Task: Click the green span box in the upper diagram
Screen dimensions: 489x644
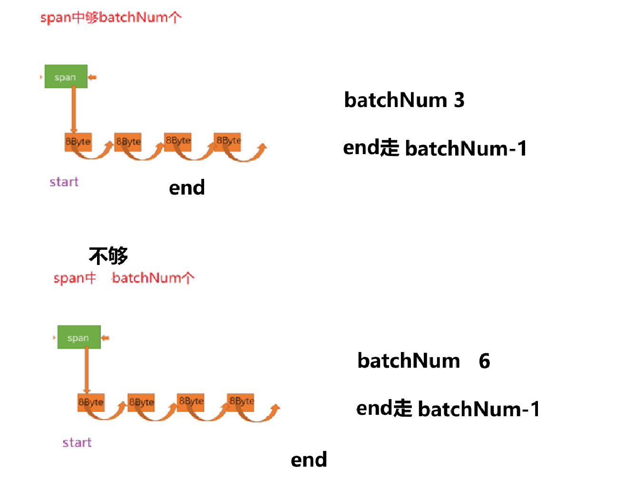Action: [x=66, y=77]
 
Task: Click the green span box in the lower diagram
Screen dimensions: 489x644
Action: [x=78, y=337]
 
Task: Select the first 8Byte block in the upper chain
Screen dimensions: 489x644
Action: [x=78, y=142]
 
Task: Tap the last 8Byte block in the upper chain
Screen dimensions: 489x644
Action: [x=228, y=141]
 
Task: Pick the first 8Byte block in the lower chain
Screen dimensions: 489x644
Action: [x=91, y=402]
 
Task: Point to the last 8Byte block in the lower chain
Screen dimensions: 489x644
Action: [x=241, y=401]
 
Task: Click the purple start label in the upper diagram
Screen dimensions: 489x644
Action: [x=64, y=182]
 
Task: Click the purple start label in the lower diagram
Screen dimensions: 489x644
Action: [x=77, y=442]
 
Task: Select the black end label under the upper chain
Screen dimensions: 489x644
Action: [x=186, y=188]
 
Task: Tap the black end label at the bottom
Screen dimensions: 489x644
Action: [x=309, y=460]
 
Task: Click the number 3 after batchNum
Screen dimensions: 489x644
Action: [x=459, y=100]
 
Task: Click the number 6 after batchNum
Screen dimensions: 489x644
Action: [x=484, y=361]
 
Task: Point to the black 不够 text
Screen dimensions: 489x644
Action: [x=108, y=256]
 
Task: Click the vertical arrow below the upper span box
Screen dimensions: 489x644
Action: [x=74, y=109]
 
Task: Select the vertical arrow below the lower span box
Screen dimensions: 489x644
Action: [x=87, y=370]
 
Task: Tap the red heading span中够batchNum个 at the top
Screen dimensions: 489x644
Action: [x=110, y=18]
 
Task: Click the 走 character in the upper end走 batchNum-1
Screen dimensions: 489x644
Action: [x=390, y=148]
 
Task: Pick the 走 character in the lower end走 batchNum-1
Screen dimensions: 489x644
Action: [x=402, y=409]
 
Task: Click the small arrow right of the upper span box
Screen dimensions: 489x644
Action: [x=92, y=77]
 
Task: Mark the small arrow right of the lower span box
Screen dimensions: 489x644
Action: [x=105, y=338]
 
